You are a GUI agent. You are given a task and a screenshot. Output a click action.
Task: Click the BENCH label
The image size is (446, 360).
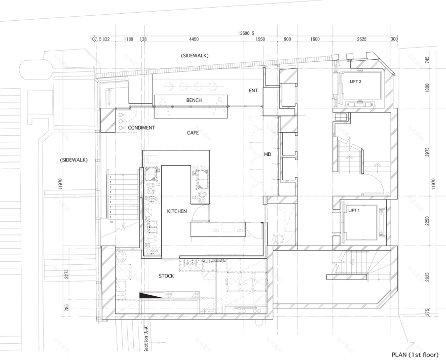click(x=194, y=100)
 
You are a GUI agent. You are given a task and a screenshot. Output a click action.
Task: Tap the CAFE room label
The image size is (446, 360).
click(x=192, y=133)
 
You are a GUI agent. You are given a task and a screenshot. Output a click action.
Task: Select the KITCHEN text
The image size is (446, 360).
click(x=177, y=211)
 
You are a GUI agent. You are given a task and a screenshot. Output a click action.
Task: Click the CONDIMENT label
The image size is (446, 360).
click(x=141, y=128)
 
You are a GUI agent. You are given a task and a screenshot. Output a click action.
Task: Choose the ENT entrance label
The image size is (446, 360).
click(x=254, y=91)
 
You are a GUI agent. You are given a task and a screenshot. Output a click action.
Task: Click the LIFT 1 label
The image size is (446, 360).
click(x=355, y=210)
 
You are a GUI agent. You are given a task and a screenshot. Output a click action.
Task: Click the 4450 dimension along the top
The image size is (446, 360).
click(x=194, y=39)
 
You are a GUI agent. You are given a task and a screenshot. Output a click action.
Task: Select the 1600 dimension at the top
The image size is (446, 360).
click(x=314, y=39)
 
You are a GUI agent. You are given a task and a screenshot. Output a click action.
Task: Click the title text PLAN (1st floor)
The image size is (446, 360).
click(x=415, y=354)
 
